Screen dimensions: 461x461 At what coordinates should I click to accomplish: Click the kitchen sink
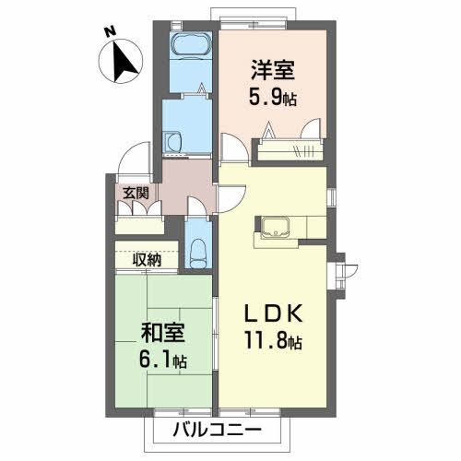(276, 227)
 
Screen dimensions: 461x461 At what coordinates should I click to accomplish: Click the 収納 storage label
(146, 260)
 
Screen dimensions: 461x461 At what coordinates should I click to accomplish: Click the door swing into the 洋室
(231, 148)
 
